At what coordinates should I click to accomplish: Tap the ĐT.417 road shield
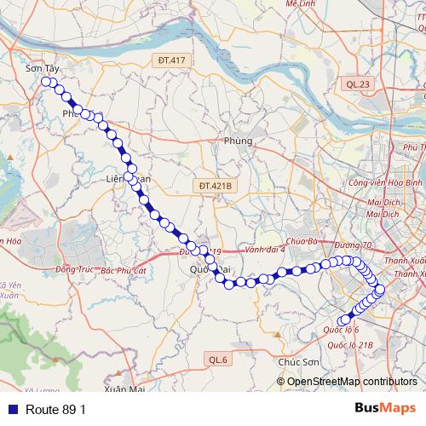(x=171, y=60)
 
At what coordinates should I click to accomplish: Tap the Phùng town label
(x=239, y=141)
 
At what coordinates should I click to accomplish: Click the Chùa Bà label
(x=302, y=241)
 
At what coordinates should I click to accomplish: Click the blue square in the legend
(x=9, y=409)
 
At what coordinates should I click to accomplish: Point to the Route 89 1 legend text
(x=55, y=409)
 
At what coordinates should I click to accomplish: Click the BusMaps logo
(x=385, y=408)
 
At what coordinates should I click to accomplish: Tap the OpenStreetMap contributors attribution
(x=351, y=382)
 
